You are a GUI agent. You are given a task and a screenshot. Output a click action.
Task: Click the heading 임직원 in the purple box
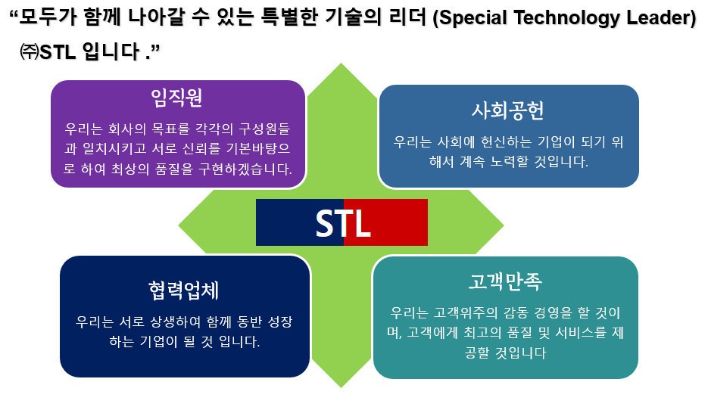click(176, 98)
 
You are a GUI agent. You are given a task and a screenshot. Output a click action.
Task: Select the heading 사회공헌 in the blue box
click(508, 110)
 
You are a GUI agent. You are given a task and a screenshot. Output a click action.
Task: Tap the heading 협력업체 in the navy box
click(184, 290)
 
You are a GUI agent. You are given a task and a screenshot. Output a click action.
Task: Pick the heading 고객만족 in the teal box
click(505, 281)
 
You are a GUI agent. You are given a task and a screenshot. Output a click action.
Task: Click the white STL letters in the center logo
click(343, 223)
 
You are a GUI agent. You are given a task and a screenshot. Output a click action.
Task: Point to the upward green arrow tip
click(342, 64)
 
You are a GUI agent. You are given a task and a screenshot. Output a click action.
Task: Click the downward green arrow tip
click(342, 387)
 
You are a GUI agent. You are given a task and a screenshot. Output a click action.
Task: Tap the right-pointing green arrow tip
click(503, 224)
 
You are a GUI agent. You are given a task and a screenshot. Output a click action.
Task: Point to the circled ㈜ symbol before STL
click(30, 51)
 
